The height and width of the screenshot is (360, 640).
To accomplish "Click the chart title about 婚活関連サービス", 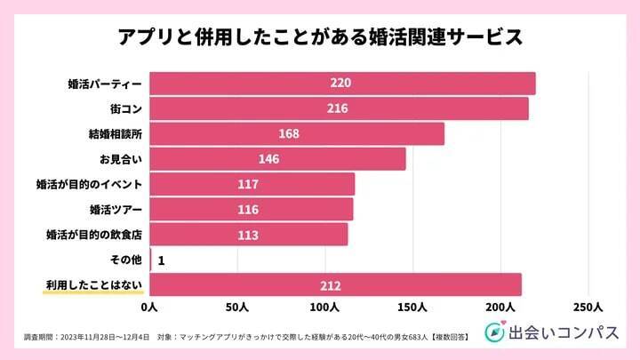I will (x=320, y=38).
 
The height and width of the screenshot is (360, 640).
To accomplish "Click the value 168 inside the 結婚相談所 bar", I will (x=290, y=134).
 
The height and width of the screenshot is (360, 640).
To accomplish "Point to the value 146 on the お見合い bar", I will (x=269, y=159).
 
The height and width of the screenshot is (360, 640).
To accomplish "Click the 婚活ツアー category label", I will (x=115, y=210).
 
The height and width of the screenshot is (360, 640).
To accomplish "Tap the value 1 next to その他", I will (x=161, y=260).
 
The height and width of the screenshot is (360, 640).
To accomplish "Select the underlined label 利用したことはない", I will (x=93, y=285).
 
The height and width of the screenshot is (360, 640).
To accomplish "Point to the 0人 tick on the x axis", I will (x=149, y=308).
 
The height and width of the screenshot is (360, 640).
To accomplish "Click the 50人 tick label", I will (x=237, y=308).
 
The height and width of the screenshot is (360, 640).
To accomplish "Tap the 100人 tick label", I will (x=325, y=308).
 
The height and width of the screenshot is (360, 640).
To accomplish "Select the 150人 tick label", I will (x=413, y=308).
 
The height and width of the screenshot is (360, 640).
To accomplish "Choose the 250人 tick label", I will (x=588, y=308).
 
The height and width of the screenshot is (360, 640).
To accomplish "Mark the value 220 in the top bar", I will (x=342, y=84).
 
